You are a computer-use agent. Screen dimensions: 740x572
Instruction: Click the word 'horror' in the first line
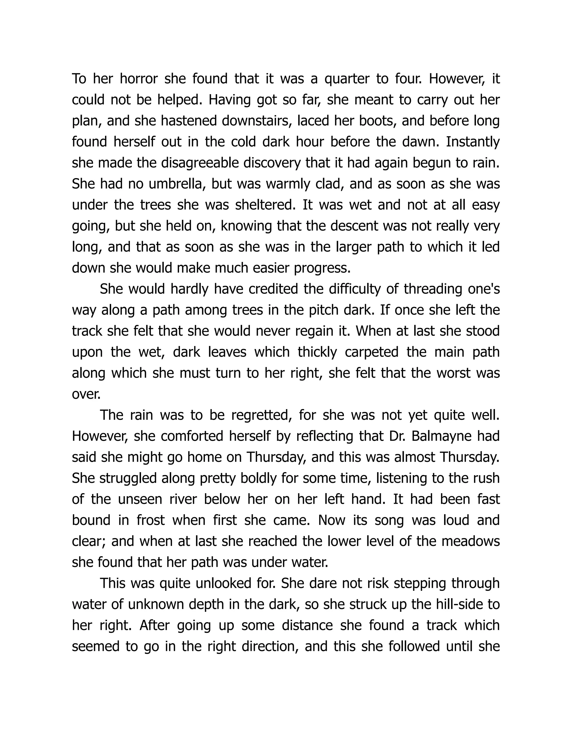[x=139, y=79]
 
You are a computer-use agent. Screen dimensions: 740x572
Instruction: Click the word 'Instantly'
[x=473, y=142]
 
